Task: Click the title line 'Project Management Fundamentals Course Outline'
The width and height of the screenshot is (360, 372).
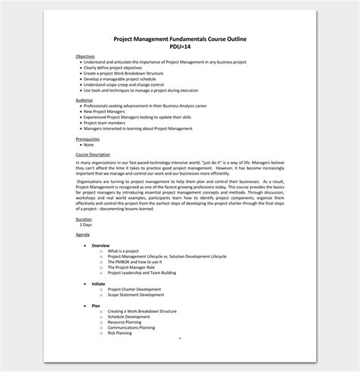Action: click(180, 39)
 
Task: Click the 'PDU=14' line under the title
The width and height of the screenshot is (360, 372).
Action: click(180, 46)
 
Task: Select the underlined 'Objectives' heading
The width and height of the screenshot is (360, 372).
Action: click(86, 56)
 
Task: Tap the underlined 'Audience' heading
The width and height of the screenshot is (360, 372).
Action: click(84, 99)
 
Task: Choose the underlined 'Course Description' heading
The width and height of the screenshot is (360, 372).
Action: click(93, 154)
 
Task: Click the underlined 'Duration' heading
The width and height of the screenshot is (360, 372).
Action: click(84, 219)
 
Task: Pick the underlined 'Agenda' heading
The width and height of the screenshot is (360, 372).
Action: click(83, 235)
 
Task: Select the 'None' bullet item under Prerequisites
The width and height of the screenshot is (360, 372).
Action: click(89, 145)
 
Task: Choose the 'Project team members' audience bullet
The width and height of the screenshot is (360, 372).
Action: click(106, 123)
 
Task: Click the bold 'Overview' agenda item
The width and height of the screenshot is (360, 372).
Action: click(100, 246)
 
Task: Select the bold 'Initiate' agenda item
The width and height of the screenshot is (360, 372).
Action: click(98, 283)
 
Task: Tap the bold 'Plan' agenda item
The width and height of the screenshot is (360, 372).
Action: click(95, 305)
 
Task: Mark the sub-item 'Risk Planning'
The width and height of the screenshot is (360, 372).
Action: click(119, 333)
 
